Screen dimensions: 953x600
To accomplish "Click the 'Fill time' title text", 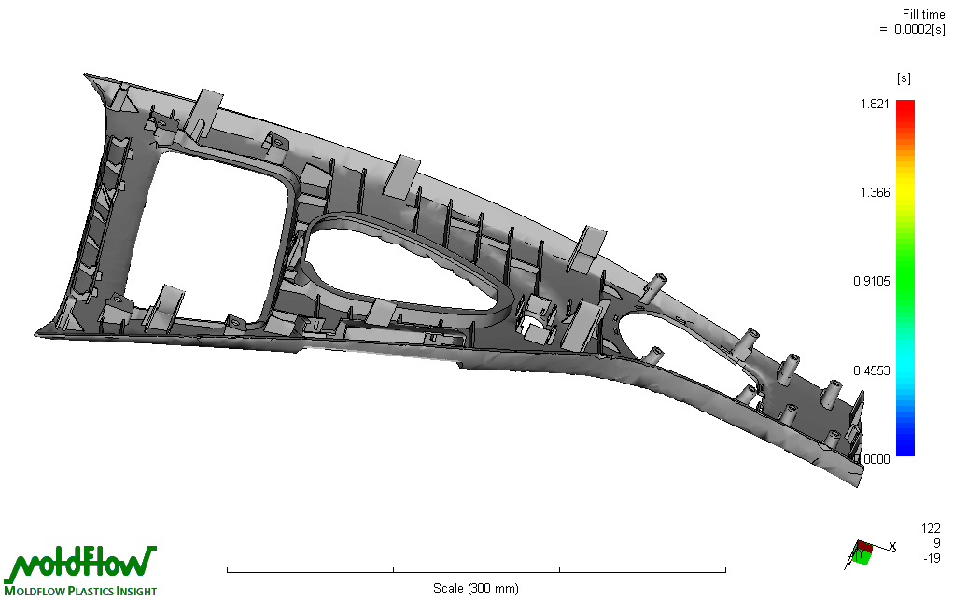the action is pyautogui.click(x=923, y=14).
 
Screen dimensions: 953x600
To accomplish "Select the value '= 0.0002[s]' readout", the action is pyautogui.click(x=912, y=29).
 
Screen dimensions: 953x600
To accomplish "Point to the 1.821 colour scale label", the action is pyautogui.click(x=875, y=104).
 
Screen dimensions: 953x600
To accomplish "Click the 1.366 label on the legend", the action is pyautogui.click(x=875, y=193).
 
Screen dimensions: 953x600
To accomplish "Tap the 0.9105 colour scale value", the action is pyautogui.click(x=872, y=282).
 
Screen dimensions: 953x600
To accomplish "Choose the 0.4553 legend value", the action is pyautogui.click(x=872, y=370).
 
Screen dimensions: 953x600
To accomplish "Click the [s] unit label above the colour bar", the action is pyautogui.click(x=904, y=78).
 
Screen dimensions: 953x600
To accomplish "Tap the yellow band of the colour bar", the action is pyautogui.click(x=905, y=189).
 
